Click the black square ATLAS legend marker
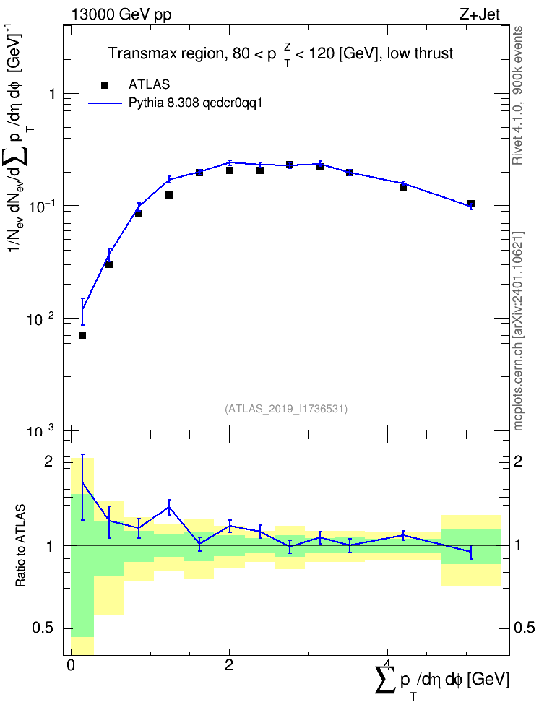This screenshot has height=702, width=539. (105, 84)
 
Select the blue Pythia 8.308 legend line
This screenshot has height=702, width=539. (105, 103)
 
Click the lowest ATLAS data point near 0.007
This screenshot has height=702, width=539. (82, 335)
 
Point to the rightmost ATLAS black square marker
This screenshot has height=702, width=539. (471, 204)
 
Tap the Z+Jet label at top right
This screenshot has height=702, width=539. (480, 14)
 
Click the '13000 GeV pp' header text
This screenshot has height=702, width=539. (121, 14)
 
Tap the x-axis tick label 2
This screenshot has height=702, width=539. (229, 664)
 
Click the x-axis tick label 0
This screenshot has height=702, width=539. (70, 664)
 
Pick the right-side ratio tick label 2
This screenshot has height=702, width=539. (518, 461)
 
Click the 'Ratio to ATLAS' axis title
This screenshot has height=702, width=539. (20, 545)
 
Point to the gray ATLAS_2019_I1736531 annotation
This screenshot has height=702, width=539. (286, 409)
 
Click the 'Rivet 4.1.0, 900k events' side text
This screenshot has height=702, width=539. (517, 95)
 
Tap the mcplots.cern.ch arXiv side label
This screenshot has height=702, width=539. (517, 331)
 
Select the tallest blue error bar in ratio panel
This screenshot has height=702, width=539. (82, 487)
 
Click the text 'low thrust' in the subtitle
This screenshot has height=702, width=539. (421, 53)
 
